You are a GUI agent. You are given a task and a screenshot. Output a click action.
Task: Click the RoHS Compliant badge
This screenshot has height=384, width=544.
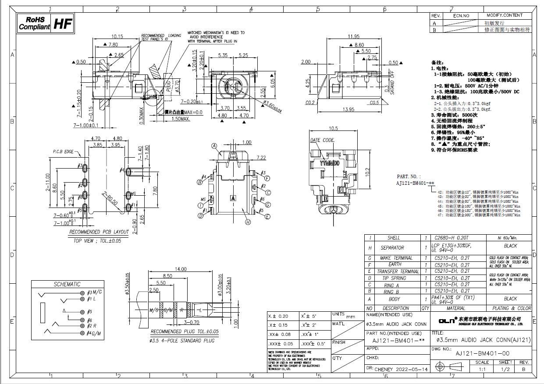tap(34, 23)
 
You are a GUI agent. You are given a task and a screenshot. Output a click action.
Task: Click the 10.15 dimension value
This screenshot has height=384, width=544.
tap(117, 36)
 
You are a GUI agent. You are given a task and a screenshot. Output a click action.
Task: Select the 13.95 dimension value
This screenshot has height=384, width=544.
tap(349, 109)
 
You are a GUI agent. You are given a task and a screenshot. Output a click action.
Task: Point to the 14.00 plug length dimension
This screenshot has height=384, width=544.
tap(181, 269)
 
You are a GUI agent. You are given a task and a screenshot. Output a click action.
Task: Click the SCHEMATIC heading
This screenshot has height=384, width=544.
tap(67, 284)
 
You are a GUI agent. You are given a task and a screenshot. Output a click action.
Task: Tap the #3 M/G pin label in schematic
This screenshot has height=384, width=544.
tap(95, 292)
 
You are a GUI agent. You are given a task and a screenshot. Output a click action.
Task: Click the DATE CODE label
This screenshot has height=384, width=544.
tap(322, 141)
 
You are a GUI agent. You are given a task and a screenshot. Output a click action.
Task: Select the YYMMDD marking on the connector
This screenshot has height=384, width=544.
tap(330, 163)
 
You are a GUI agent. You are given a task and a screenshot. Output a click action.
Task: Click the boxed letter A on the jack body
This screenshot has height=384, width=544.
tap(233, 198)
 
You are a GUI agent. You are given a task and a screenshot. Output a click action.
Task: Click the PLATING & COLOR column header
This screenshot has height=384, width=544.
tap(511, 308)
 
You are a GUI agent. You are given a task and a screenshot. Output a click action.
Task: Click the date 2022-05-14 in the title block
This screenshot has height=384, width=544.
tap(412, 370)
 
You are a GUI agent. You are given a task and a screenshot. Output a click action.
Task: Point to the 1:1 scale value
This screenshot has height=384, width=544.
tap(482, 369)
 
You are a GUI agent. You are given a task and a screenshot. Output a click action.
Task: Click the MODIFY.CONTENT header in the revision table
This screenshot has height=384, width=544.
tap(504, 15)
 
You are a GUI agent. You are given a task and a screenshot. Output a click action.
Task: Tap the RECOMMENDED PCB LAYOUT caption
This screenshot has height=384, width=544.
tap(99, 232)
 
